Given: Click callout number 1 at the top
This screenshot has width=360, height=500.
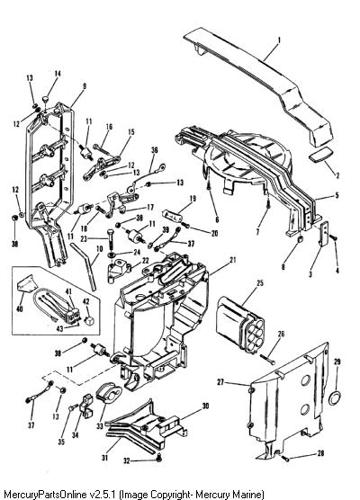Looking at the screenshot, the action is pos(279,40).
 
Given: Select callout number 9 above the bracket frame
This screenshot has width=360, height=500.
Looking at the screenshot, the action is pos(85,86).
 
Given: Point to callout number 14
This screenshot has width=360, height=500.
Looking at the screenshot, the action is pos(58,74).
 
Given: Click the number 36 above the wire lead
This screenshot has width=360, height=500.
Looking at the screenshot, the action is pos(155,150).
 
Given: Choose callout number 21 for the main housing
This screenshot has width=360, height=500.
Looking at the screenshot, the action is pos(233,260).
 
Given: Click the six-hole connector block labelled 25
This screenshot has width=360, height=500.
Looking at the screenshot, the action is pos(241,322).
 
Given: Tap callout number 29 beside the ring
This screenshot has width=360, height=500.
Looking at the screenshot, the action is pos(337,362).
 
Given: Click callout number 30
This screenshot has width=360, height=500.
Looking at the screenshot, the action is pos(205,406).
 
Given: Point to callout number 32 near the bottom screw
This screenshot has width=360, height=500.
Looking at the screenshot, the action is pos(127,460).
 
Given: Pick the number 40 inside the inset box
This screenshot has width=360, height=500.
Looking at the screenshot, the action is pos(20,308).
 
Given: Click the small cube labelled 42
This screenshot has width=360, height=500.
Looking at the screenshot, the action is pos(88,320).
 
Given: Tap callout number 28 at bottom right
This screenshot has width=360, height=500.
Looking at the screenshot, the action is pos(320,453).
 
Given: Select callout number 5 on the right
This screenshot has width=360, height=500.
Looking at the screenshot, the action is pos(337,195).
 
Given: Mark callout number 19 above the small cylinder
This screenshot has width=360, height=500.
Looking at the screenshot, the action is pos(193,199).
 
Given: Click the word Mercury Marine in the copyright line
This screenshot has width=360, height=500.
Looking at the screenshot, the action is pos(229,495).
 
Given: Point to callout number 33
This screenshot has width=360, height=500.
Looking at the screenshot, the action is pos(100,425).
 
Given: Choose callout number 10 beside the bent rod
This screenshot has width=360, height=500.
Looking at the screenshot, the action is pos(100,249).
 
